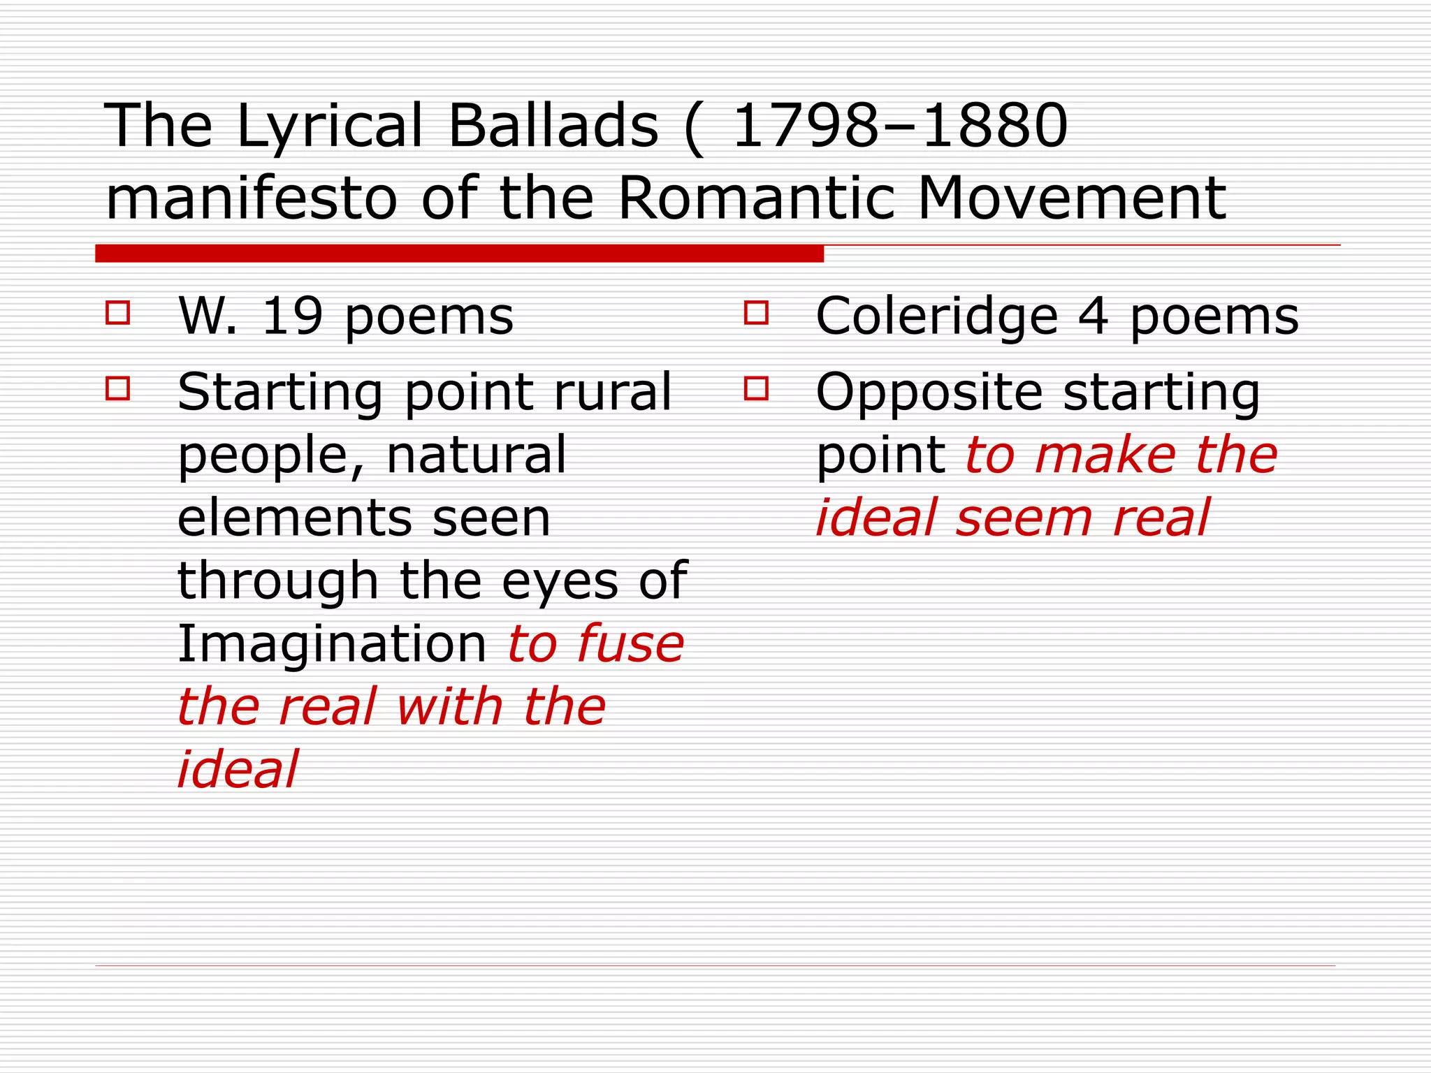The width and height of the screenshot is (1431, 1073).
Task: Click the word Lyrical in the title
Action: [330, 127]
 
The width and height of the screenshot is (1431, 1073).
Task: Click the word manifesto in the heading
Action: [252, 198]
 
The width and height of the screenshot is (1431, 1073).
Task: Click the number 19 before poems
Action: [291, 316]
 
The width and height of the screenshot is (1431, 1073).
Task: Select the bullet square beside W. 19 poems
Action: [117, 312]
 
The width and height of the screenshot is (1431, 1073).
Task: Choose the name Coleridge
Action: [936, 316]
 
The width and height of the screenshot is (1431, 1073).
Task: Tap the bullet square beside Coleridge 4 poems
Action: [756, 312]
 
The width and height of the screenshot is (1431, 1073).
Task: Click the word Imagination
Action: [332, 645]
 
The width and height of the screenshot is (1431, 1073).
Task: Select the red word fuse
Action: [630, 643]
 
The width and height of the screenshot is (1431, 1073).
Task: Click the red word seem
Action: [1024, 519]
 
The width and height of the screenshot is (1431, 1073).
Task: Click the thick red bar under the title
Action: [459, 254]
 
